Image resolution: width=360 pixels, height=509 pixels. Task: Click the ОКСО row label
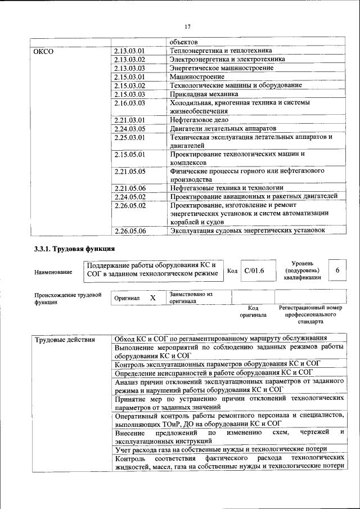[x=43, y=51]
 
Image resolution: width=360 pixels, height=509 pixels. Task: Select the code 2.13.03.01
[x=129, y=51]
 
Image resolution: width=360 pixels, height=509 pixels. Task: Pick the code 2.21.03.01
[x=129, y=119]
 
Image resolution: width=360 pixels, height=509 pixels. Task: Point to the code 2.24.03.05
[x=129, y=128]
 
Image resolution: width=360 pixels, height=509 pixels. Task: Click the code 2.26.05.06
[x=129, y=230]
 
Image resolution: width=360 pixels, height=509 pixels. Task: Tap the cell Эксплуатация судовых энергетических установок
[x=247, y=230]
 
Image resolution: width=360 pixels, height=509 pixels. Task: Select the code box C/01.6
[x=254, y=271]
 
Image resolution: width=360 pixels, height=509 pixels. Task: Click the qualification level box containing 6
[x=337, y=271]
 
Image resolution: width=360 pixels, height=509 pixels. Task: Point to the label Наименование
[x=53, y=273]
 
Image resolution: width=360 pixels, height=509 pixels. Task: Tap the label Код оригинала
[x=253, y=312]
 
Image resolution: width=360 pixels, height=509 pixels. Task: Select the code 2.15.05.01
[x=129, y=154]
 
